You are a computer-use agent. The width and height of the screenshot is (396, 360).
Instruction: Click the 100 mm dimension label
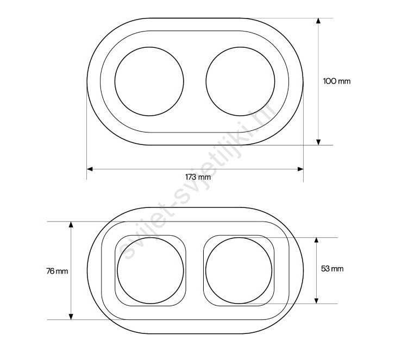pos(337,81)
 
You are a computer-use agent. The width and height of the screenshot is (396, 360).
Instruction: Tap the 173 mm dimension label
pos(198,177)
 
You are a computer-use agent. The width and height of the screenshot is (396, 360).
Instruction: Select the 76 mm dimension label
pos(57,271)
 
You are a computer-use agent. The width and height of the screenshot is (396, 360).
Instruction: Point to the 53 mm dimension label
pos(332,269)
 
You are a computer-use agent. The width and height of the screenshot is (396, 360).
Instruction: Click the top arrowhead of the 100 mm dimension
pos(318,21)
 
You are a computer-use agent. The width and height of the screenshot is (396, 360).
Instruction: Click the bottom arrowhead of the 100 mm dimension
pos(318,142)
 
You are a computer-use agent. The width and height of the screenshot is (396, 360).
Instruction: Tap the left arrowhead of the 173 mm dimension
pos(90,169)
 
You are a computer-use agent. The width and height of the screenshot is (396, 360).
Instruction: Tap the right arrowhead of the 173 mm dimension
pos(300,169)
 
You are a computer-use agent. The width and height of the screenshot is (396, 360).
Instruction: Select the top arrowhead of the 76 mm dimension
pos(71,224)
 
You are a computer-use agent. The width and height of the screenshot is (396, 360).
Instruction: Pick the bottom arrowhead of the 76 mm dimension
pos(71,317)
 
